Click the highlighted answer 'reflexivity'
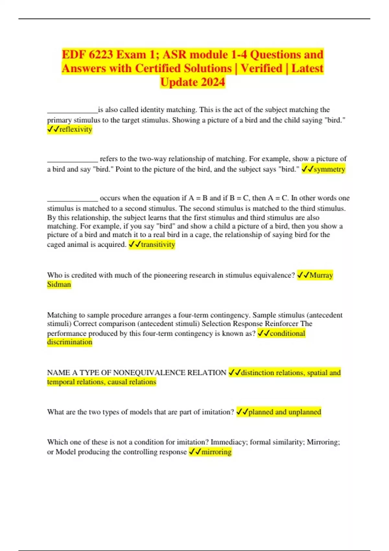tap(76, 129)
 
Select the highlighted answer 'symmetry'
tap(329, 169)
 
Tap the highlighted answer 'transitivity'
tap(158, 244)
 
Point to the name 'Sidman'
tap(59, 284)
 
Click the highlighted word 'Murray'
tap(321, 275)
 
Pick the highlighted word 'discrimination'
tap(70, 342)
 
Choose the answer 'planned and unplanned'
tap(285, 412)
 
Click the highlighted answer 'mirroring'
tap(217, 452)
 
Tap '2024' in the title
tap(210, 82)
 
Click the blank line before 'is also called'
tap(72, 111)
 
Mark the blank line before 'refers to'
tap(72, 161)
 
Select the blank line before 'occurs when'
tap(72, 200)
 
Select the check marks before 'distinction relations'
tap(234, 373)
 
